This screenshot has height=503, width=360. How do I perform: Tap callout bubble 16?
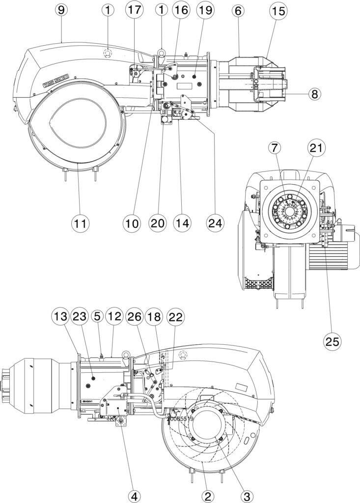[181, 10]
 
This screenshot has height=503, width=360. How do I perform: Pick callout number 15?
[278, 10]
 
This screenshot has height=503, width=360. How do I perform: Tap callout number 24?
[215, 223]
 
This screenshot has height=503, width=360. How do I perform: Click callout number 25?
[332, 341]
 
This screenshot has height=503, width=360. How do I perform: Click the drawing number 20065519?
[181, 420]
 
